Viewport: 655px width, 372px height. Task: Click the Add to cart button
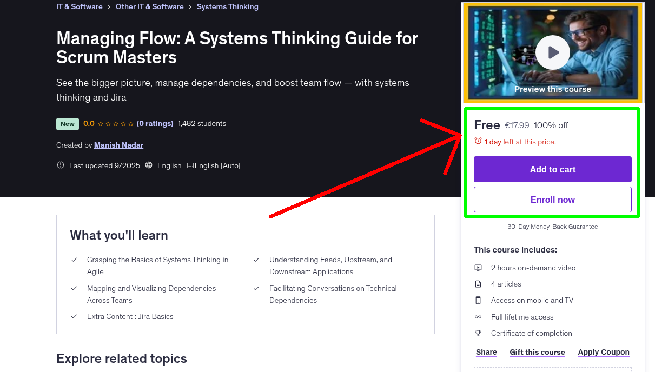coord(553,169)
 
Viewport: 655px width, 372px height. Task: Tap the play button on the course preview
coord(553,52)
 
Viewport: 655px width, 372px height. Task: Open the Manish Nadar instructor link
coord(118,145)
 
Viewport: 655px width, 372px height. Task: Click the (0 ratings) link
coord(155,124)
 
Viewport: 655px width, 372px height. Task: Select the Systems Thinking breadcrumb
coord(228,6)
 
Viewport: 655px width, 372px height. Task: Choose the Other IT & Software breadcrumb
coord(149,6)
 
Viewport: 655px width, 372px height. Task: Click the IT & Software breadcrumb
coord(80,6)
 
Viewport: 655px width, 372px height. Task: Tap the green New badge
coord(68,124)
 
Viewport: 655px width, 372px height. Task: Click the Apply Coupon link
coord(604,352)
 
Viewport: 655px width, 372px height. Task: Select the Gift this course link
coord(537,352)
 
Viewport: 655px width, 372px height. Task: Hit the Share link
coord(486,352)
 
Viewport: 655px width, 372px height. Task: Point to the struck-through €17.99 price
coord(517,125)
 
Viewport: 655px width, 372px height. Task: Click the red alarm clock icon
coord(478,141)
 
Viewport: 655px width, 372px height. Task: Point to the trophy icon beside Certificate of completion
coord(478,333)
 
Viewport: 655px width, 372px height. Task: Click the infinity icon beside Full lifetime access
coord(478,317)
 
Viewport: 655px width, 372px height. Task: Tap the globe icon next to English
coord(149,165)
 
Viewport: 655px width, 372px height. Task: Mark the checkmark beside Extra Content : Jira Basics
coord(74,316)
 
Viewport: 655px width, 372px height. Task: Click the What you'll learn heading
coord(119,235)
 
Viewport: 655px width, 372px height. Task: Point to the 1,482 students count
coord(202,124)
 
